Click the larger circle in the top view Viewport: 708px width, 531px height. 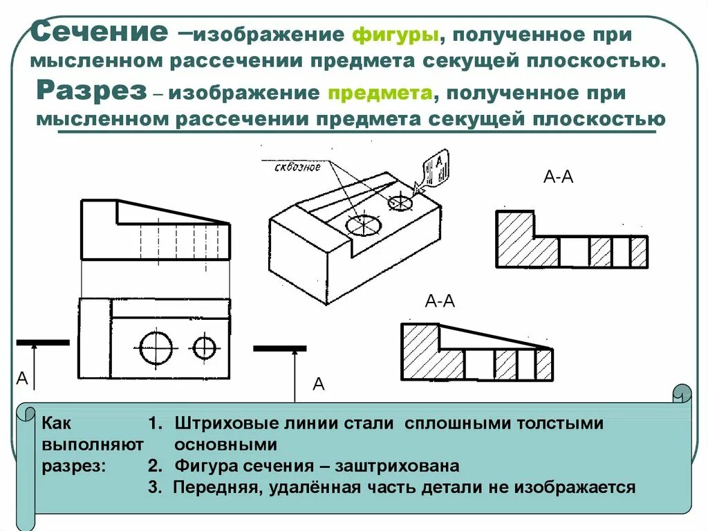point(156,347)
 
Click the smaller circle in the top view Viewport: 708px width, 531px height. point(205,347)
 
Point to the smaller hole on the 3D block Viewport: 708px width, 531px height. point(400,202)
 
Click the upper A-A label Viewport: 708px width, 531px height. point(559,177)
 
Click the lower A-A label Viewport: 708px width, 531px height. point(440,301)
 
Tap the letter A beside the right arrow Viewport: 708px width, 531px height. point(319,384)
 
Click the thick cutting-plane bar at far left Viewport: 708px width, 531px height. point(43,342)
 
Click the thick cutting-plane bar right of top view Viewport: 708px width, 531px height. point(279,348)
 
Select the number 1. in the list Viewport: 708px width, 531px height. point(155,424)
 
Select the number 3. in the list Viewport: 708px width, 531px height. point(155,487)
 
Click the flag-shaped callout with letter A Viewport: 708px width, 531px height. point(436,166)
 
